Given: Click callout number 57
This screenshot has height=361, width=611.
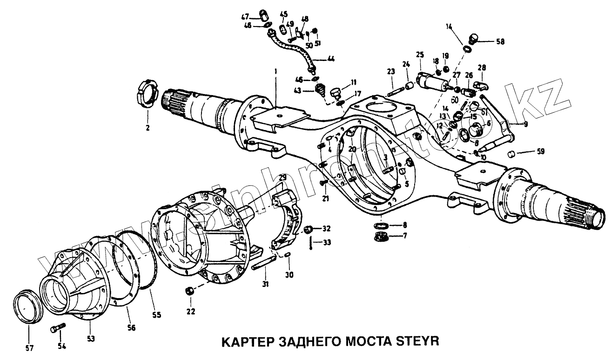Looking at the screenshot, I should (x=29, y=347).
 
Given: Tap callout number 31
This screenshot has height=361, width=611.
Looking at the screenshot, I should (x=265, y=284).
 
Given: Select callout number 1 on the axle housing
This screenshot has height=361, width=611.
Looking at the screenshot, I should (x=275, y=71).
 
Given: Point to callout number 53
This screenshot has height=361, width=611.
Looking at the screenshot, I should (x=91, y=339).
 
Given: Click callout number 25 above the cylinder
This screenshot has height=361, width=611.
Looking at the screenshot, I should (x=420, y=55).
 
